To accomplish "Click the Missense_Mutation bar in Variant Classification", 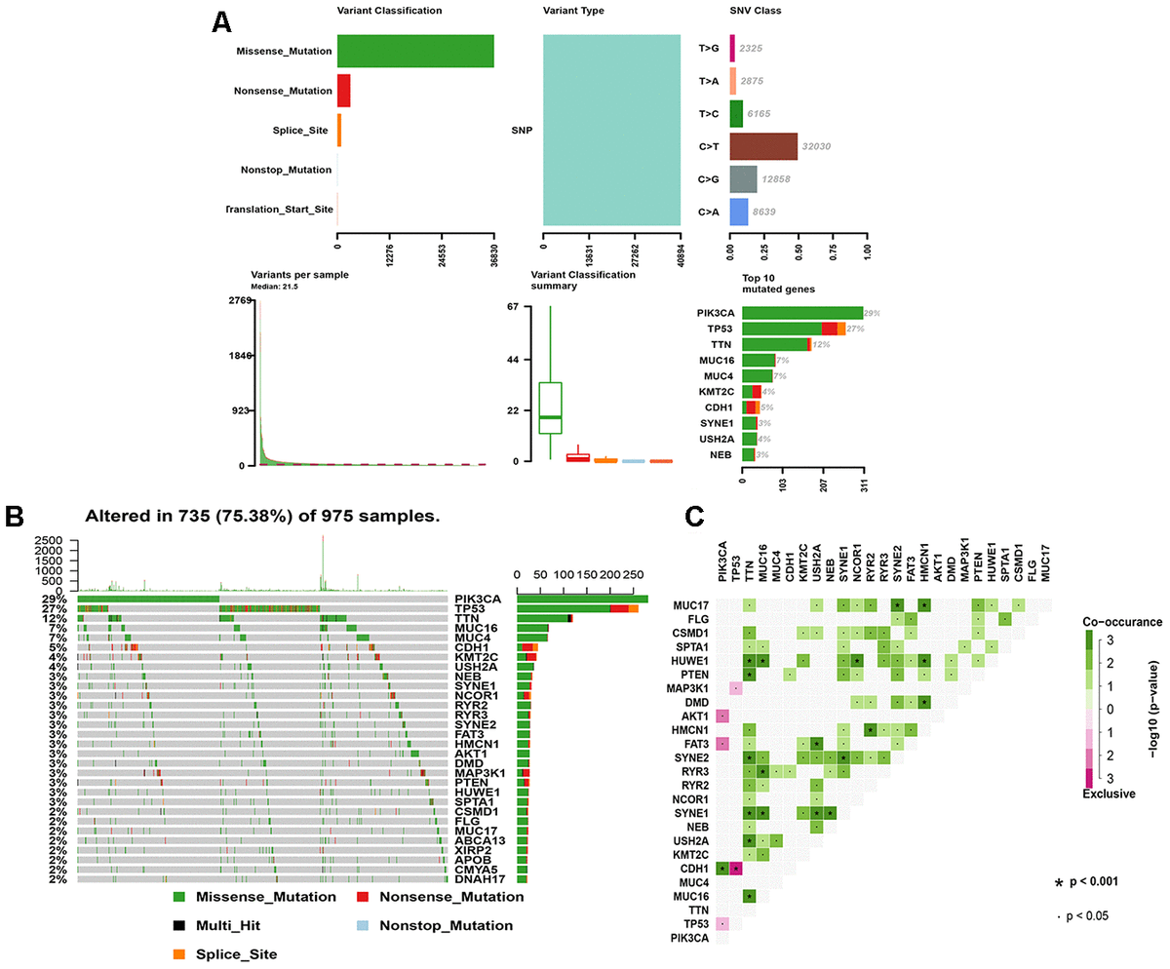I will tap(415, 52).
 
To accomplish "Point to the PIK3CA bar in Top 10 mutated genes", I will tap(801, 313).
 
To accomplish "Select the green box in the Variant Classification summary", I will tap(550, 413).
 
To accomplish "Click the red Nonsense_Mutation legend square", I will tap(362, 896).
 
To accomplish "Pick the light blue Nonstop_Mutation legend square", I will tap(362, 923).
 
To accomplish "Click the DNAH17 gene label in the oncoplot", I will tap(479, 879).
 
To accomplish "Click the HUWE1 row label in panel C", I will tap(690, 661).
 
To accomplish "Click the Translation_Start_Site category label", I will tap(281, 210).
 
